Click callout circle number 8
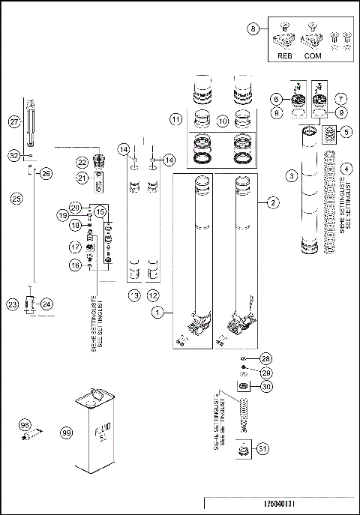253,31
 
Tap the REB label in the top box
283,55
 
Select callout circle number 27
14,121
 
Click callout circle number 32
14,155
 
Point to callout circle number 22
83,163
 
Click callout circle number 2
274,202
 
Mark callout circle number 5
346,132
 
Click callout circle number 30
265,387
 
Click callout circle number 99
66,433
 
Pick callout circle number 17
75,247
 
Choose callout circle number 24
46,304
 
